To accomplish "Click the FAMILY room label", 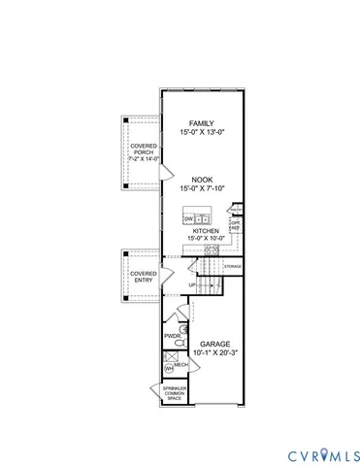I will [x=202, y=123].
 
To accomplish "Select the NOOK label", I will [x=202, y=180].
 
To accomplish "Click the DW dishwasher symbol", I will [x=187, y=220].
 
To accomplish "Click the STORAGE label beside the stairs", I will [x=233, y=265].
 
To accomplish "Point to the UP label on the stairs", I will [x=191, y=284].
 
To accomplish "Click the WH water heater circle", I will [x=170, y=369].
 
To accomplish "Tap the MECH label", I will [x=180, y=364].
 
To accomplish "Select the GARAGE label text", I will [x=214, y=344].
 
